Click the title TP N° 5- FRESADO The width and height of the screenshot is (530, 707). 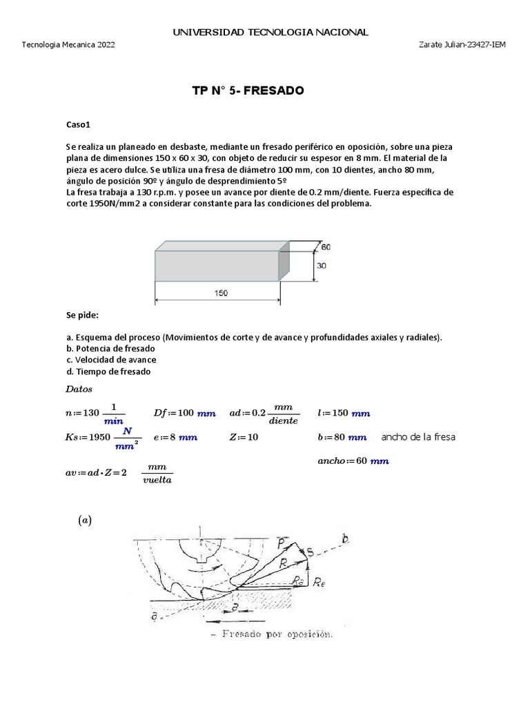(x=247, y=91)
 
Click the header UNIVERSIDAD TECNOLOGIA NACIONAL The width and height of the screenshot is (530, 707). (x=270, y=32)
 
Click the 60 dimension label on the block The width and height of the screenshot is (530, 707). (x=326, y=246)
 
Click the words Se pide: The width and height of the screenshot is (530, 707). (x=83, y=315)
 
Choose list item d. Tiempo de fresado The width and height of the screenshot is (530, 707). (x=108, y=371)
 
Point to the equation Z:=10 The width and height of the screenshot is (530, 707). (x=244, y=438)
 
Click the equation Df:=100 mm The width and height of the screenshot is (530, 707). (x=184, y=414)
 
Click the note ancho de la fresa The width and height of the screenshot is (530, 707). (x=418, y=437)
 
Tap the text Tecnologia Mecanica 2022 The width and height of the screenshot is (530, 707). (x=69, y=45)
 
